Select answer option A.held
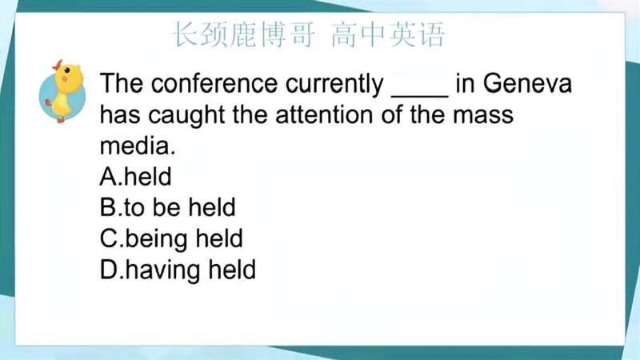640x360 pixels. (136, 176)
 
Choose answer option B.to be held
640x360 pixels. (168, 208)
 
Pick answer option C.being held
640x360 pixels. (171, 238)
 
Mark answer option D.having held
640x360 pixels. (178, 270)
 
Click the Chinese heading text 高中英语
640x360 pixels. (387, 35)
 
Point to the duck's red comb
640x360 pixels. (56, 64)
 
